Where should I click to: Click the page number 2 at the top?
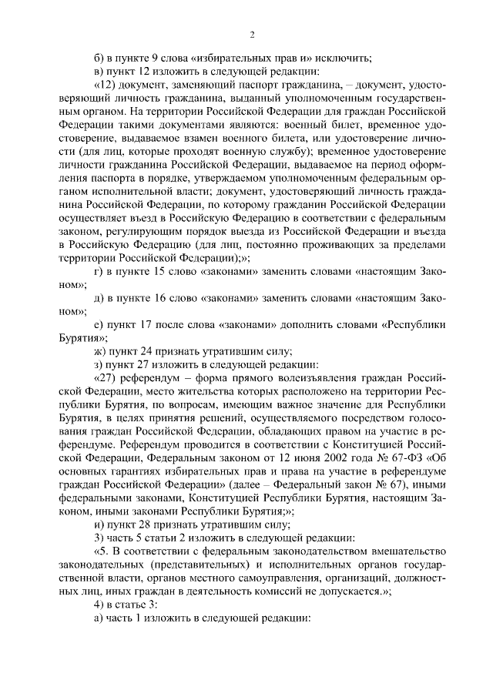252,35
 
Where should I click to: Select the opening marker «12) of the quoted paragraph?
105,85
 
